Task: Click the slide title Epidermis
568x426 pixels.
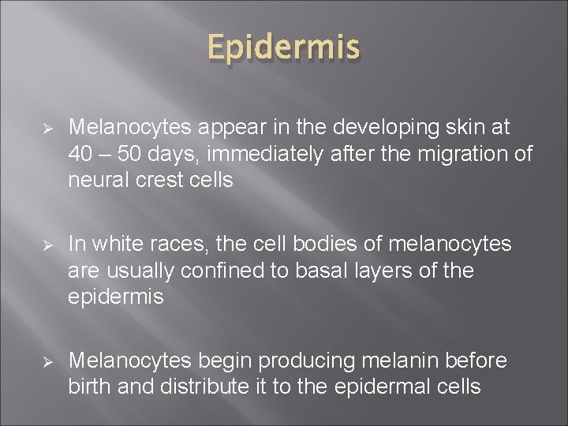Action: pos(284,49)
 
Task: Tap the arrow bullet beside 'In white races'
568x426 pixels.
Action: pos(47,245)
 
